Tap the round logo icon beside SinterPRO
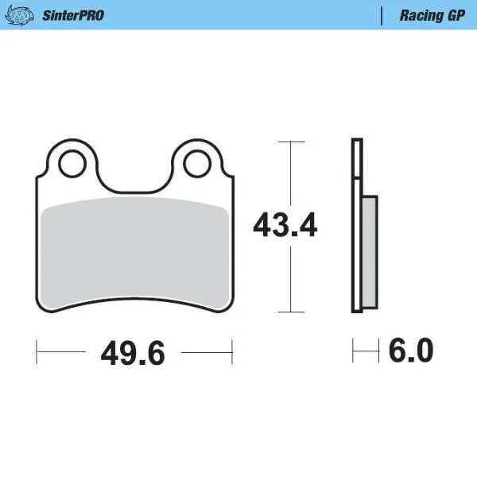pyautogui.click(x=25, y=15)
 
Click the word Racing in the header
pyautogui.click(x=417, y=15)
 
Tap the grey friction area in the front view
pyautogui.click(x=134, y=246)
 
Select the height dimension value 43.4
pyautogui.click(x=285, y=226)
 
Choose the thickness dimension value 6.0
pyautogui.click(x=410, y=350)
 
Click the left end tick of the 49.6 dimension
pyautogui.click(x=38, y=349)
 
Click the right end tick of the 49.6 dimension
pyautogui.click(x=231, y=349)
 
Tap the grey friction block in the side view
pyautogui.click(x=369, y=253)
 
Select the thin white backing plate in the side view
pyautogui.click(x=357, y=227)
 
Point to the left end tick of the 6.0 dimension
pyautogui.click(x=354, y=349)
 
